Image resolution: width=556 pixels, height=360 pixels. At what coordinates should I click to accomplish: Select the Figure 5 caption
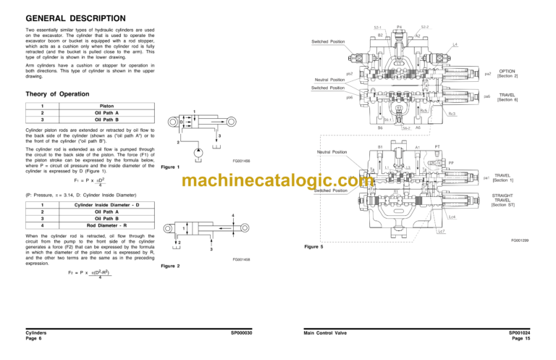click(315, 248)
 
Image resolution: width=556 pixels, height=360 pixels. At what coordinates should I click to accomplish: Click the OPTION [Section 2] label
click(507, 74)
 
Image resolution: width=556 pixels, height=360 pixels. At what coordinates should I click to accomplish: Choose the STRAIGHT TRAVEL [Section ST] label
click(506, 199)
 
